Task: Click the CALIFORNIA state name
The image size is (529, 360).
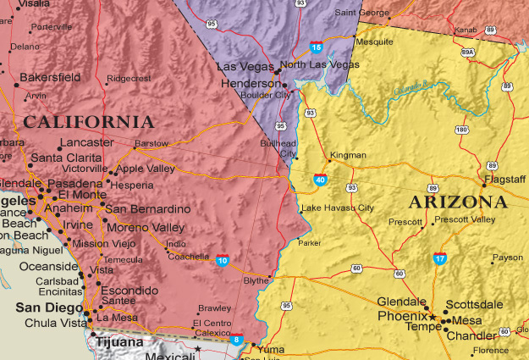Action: point(89,122)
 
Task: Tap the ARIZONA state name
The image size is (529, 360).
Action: point(458,202)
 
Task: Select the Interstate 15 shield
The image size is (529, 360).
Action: point(316,47)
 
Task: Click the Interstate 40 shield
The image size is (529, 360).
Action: point(320,180)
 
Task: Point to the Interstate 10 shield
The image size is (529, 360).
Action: point(222,259)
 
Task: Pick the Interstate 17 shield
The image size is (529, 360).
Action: point(439,258)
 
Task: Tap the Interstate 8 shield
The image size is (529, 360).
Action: point(238,341)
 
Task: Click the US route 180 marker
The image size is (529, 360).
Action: point(461,130)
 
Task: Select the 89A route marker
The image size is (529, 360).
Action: point(467,53)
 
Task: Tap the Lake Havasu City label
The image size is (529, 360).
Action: point(337,208)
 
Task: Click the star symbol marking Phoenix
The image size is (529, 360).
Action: point(433,317)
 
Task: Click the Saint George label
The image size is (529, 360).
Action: point(361,13)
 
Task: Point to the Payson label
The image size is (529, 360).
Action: point(508,257)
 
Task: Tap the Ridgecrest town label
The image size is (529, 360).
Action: point(128,78)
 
